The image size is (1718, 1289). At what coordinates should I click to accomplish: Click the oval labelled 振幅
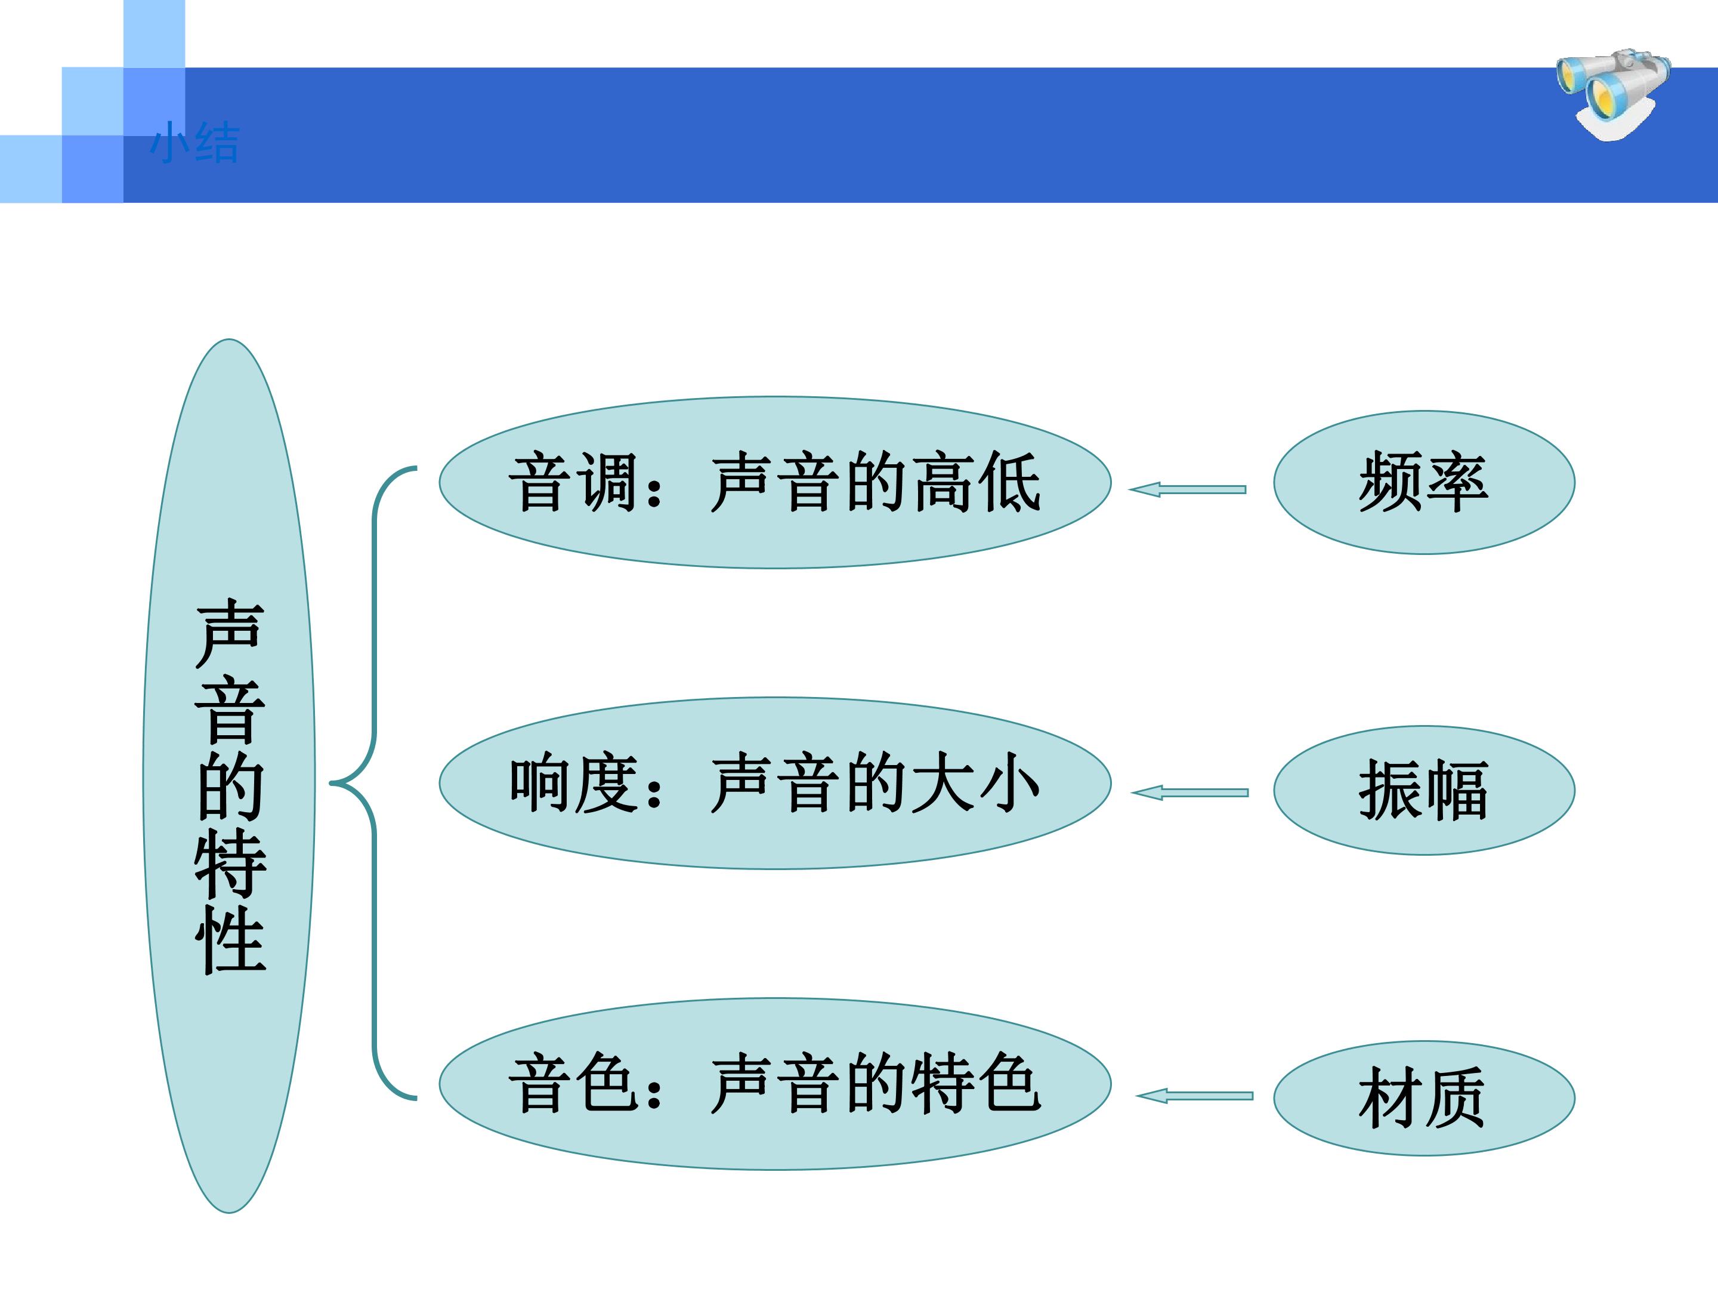1424,790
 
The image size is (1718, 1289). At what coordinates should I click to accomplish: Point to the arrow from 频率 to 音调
1186,489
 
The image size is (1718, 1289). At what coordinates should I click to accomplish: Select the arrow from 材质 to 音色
1194,1096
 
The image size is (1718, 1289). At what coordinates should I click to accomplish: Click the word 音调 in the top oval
573,483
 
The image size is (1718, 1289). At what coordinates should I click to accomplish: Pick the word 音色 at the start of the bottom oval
573,1084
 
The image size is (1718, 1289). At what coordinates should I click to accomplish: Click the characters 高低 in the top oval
977,483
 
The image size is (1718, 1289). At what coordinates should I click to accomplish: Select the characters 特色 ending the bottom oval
977,1084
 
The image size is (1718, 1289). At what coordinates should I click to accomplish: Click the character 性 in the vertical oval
231,939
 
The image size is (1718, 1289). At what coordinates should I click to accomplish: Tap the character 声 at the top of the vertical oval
231,633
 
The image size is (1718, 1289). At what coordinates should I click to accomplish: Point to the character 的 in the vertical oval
231,787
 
